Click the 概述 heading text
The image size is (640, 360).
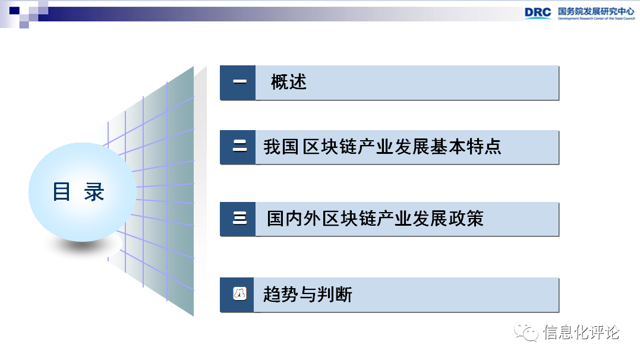tap(289, 82)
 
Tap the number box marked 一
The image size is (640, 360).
tap(239, 82)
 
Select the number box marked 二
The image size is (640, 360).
tap(239, 147)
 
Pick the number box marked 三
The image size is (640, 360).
tap(239, 219)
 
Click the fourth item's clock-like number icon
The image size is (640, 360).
tap(239, 294)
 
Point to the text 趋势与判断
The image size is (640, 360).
tap(307, 294)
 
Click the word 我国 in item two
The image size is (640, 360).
tap(280, 147)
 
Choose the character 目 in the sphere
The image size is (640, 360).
tap(62, 192)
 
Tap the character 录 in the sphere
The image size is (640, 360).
tap(94, 192)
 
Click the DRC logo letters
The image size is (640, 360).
tap(537, 12)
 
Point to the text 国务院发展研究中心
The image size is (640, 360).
tap(595, 11)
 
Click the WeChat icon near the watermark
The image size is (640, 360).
tap(526, 332)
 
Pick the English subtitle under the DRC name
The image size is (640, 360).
tap(595, 19)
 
